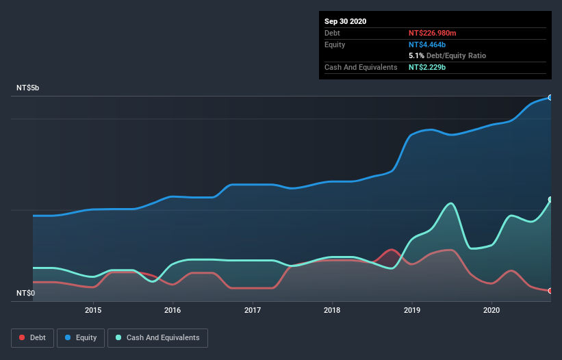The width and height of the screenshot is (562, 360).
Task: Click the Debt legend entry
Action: pyautogui.click(x=33, y=337)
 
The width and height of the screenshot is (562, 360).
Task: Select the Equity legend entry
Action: pyautogui.click(x=81, y=337)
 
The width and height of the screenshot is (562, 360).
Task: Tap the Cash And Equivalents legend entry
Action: pyautogui.click(x=157, y=337)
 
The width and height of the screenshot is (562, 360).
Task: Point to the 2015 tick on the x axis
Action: pyautogui.click(x=93, y=310)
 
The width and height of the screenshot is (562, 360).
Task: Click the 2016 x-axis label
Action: pyautogui.click(x=173, y=310)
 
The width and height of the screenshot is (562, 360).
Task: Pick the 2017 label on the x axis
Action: pyautogui.click(x=253, y=310)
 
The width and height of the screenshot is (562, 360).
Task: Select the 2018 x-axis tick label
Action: pyautogui.click(x=332, y=310)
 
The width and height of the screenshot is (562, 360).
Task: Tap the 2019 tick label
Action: pyautogui.click(x=412, y=310)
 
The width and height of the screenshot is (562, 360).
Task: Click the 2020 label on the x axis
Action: pyautogui.click(x=491, y=310)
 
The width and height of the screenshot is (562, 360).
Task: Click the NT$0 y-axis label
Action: pyautogui.click(x=26, y=294)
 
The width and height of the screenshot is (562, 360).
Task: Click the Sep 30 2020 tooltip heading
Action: pyautogui.click(x=345, y=21)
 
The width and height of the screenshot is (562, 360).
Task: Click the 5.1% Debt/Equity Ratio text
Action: pyautogui.click(x=447, y=55)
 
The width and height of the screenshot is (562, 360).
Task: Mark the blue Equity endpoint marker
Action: pyautogui.click(x=550, y=98)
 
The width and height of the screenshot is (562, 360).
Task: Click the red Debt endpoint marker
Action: pyautogui.click(x=550, y=291)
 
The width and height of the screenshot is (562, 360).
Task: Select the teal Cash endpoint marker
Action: pyautogui.click(x=550, y=200)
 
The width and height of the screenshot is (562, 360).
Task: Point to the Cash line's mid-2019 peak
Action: pyautogui.click(x=450, y=203)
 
